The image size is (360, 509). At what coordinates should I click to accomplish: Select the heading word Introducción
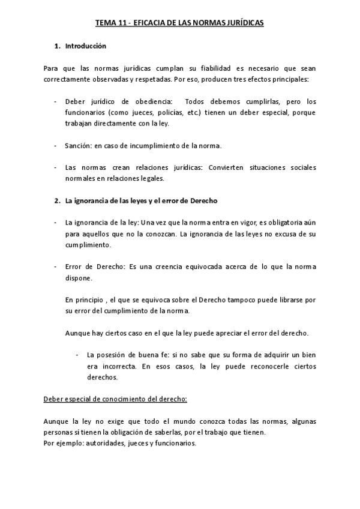click(x=85, y=45)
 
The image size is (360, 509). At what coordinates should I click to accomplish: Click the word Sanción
click(x=77, y=145)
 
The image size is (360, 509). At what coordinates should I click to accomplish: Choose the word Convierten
click(x=226, y=167)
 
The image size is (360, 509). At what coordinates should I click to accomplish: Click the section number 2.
click(x=56, y=200)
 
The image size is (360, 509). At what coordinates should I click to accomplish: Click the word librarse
click(x=290, y=300)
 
